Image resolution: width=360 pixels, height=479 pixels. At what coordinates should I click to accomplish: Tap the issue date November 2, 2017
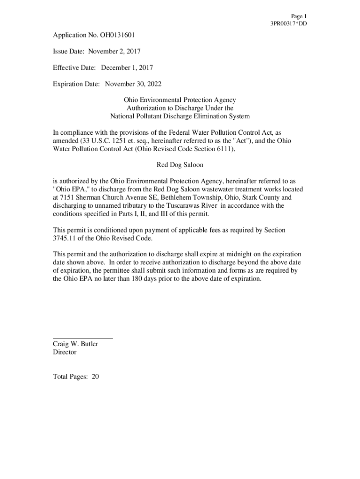115,51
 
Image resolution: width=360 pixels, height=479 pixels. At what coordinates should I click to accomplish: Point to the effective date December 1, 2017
127,68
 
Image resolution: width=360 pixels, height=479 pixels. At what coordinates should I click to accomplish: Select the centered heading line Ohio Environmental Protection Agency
180,100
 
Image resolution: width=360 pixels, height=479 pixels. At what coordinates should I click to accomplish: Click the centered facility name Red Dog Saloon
180,165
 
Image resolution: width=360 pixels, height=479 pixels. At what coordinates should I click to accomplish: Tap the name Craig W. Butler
75,344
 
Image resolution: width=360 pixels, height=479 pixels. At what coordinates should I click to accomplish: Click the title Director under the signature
65,352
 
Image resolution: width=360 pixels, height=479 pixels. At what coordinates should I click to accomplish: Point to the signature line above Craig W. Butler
83,337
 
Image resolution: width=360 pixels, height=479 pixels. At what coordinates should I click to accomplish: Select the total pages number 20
95,377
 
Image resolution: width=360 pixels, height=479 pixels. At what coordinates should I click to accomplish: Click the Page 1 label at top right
298,16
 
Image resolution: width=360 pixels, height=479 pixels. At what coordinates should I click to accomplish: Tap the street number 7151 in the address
69,197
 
